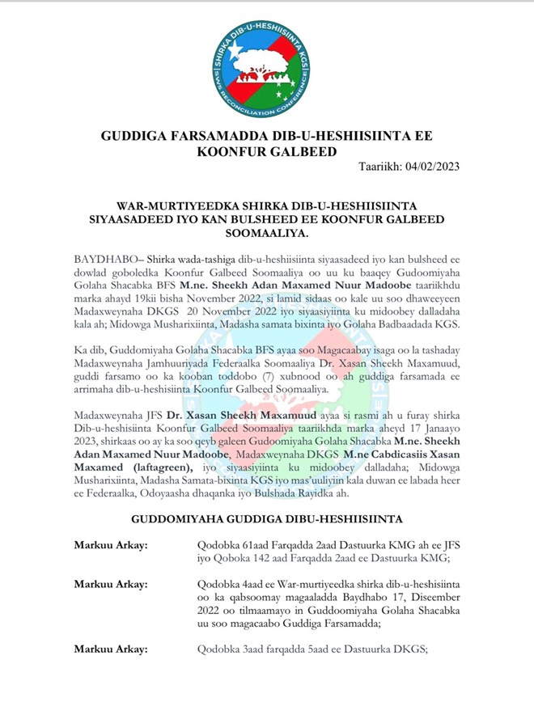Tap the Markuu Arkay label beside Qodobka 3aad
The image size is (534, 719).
[111, 670]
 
